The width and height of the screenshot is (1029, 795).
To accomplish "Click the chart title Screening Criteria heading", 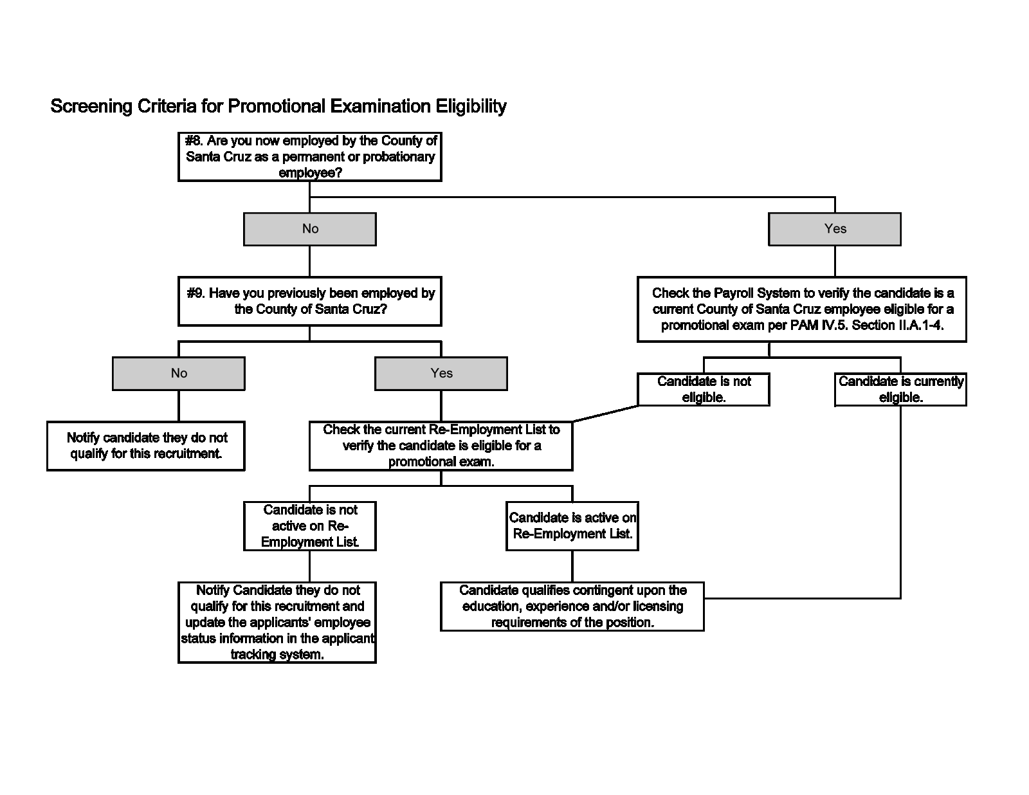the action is (x=278, y=106).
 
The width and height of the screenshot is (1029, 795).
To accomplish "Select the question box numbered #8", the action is (x=310, y=157).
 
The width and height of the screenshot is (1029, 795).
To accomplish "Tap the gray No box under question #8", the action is (x=310, y=229).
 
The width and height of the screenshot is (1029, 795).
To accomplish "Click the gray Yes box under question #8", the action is (x=834, y=229).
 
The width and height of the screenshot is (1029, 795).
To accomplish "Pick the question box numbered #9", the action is (x=310, y=301).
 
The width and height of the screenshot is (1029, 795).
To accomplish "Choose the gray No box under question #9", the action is (x=179, y=374).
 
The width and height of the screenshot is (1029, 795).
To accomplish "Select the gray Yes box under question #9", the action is (x=441, y=374).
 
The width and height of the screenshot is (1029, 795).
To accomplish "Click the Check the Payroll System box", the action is (x=802, y=309).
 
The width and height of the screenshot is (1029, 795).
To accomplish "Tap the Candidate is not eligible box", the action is (x=704, y=389).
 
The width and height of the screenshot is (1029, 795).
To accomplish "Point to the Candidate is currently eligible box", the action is (x=900, y=389).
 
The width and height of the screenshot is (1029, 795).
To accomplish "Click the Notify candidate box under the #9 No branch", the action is (x=146, y=446).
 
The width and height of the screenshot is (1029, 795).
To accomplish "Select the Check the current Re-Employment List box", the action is (x=441, y=446).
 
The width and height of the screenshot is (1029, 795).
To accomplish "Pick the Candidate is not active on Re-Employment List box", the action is (x=310, y=526).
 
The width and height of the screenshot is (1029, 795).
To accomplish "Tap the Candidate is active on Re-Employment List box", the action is (x=572, y=526).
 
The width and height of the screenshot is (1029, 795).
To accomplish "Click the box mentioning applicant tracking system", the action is (x=277, y=622).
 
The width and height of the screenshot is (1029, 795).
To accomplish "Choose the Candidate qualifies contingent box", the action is (x=572, y=606).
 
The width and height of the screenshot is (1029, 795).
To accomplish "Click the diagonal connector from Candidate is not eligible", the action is (x=605, y=414).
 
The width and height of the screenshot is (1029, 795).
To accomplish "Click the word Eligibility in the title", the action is (x=471, y=106).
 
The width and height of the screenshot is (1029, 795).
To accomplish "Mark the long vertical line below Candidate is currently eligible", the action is (x=900, y=502).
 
